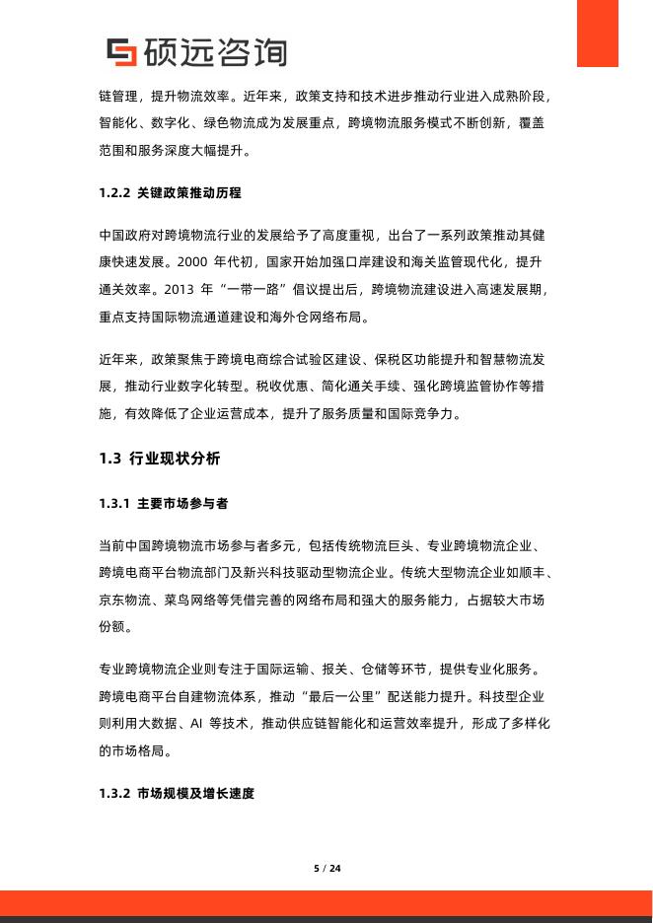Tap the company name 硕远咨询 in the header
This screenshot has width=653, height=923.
[214, 51]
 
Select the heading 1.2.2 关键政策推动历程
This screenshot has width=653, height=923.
[171, 192]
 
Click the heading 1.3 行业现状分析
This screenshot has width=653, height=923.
[160, 458]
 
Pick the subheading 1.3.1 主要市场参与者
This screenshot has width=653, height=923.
[164, 503]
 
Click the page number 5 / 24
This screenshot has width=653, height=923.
[326, 868]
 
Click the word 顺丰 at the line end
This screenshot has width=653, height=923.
[537, 573]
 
